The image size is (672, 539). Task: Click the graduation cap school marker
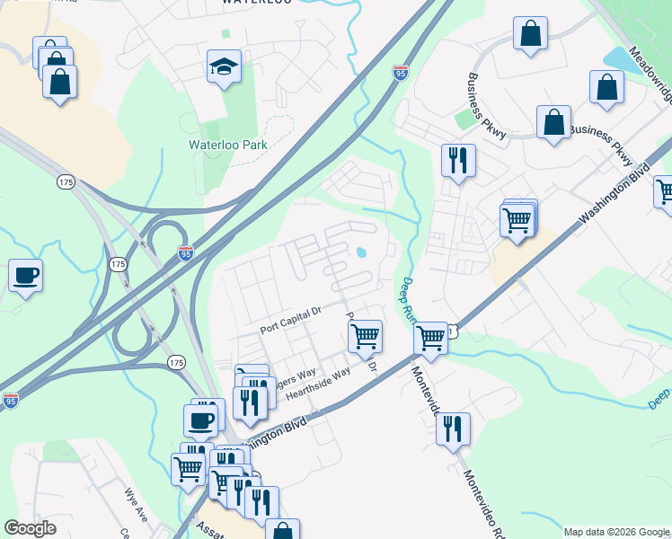click(224, 67)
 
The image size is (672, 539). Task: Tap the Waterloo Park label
click(227, 145)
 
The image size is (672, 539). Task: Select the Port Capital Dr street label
click(291, 321)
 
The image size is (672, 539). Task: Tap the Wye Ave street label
click(137, 504)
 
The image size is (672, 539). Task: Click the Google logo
click(30, 528)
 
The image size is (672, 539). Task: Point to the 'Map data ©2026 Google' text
click(616, 532)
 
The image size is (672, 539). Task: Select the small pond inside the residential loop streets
click(361, 252)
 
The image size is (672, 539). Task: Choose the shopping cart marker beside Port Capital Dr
click(365, 337)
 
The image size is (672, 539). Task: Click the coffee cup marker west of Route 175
click(26, 275)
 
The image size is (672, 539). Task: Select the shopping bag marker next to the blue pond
click(606, 87)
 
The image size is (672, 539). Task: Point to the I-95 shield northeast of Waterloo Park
click(400, 70)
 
